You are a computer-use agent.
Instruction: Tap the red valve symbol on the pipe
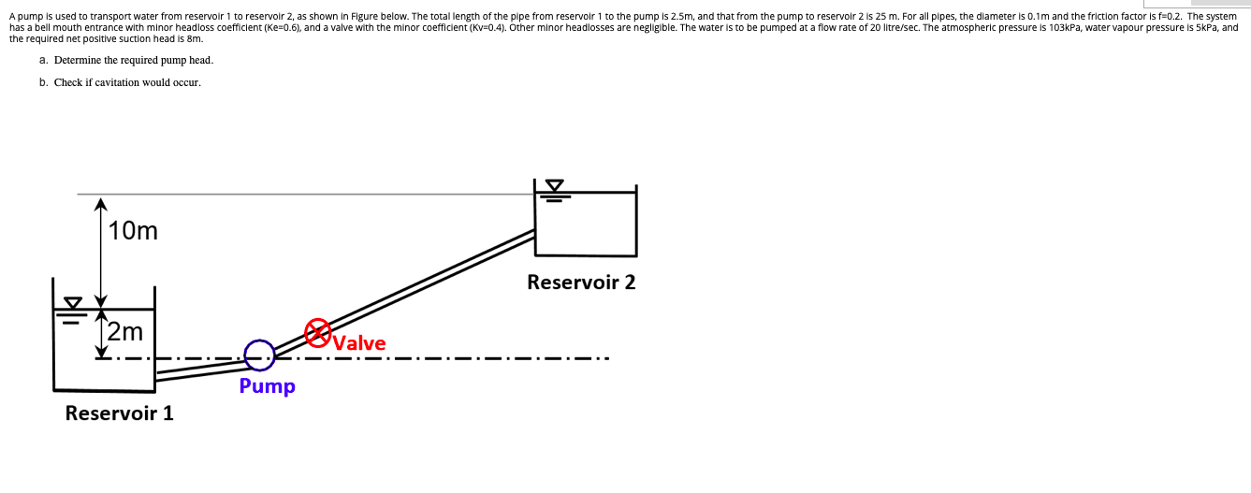[x=318, y=330]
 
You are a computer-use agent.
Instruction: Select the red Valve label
[x=359, y=343]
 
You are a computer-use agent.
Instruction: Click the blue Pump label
[x=267, y=385]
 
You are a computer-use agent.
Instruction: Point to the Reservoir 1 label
[x=119, y=413]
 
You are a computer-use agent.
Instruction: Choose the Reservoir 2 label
[x=581, y=282]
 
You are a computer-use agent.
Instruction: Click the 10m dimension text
[x=133, y=230]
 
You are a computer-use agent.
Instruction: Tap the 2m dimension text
[x=124, y=331]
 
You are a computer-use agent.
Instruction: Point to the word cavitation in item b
[x=131, y=82]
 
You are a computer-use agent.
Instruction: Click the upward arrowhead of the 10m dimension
[x=101, y=203]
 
